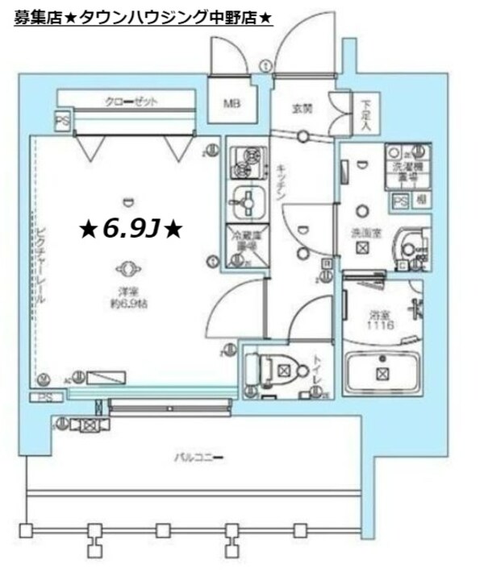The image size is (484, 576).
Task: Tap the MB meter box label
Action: pyautogui.click(x=229, y=102)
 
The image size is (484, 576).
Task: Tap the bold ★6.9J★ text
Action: pyautogui.click(x=131, y=230)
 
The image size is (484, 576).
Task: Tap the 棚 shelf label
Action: pyautogui.click(x=420, y=200)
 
